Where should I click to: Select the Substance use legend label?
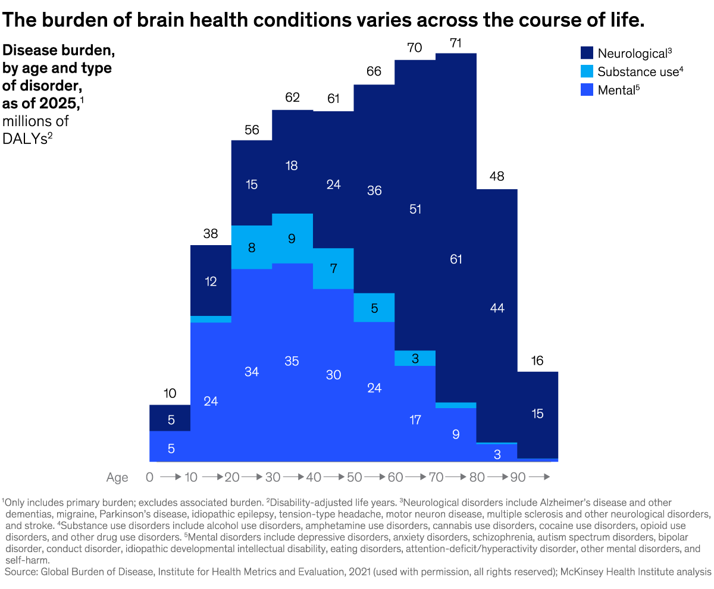(638, 72)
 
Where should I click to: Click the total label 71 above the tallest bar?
(456, 43)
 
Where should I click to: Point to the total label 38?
(211, 234)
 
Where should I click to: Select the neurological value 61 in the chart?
(456, 259)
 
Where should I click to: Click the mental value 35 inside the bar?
(292, 361)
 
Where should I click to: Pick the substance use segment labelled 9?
(292, 239)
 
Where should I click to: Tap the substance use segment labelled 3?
(415, 358)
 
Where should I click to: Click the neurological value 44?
(497, 308)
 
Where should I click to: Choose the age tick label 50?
(354, 477)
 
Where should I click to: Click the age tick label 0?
(150, 477)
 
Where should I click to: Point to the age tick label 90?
(517, 477)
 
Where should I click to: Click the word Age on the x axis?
(117, 477)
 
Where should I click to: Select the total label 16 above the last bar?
(537, 361)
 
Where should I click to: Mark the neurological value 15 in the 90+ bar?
(537, 414)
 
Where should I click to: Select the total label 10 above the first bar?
(170, 394)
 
